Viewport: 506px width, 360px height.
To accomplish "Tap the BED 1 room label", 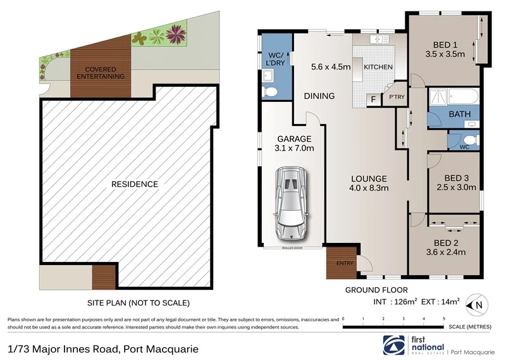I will click(x=445, y=44).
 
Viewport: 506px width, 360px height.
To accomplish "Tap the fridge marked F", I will click(x=374, y=99).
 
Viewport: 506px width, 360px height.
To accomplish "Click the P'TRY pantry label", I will click(x=396, y=97).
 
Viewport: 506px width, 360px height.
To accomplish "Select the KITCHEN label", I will click(x=379, y=67).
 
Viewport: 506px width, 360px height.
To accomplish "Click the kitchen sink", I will click(x=381, y=39).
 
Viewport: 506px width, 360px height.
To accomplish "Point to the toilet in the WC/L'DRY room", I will click(x=270, y=92).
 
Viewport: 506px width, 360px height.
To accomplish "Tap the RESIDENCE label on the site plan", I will click(x=134, y=184).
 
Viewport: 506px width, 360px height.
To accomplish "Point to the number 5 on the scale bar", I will click(x=444, y=318).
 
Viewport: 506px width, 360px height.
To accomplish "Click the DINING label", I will click(x=319, y=96).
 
